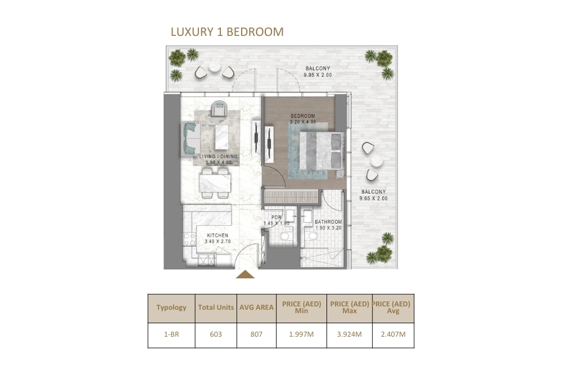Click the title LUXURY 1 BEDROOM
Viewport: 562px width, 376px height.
point(227,32)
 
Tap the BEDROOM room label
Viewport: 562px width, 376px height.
point(302,116)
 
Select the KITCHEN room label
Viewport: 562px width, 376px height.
point(217,236)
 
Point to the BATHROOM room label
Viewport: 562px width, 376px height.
point(328,222)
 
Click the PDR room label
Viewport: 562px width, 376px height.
point(276,218)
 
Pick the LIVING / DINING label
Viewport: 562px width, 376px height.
point(219,156)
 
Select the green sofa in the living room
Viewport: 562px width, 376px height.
point(190,138)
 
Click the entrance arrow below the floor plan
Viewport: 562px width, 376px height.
point(245,274)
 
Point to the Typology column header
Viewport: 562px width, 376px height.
point(171,308)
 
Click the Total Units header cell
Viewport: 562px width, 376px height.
point(216,308)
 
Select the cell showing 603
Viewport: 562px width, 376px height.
point(216,334)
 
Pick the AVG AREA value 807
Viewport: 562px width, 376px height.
point(256,334)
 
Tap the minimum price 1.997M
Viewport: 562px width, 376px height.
point(301,334)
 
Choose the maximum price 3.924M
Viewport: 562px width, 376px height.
point(350,334)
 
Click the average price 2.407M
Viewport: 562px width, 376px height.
point(393,334)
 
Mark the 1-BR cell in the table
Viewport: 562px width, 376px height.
point(171,334)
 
